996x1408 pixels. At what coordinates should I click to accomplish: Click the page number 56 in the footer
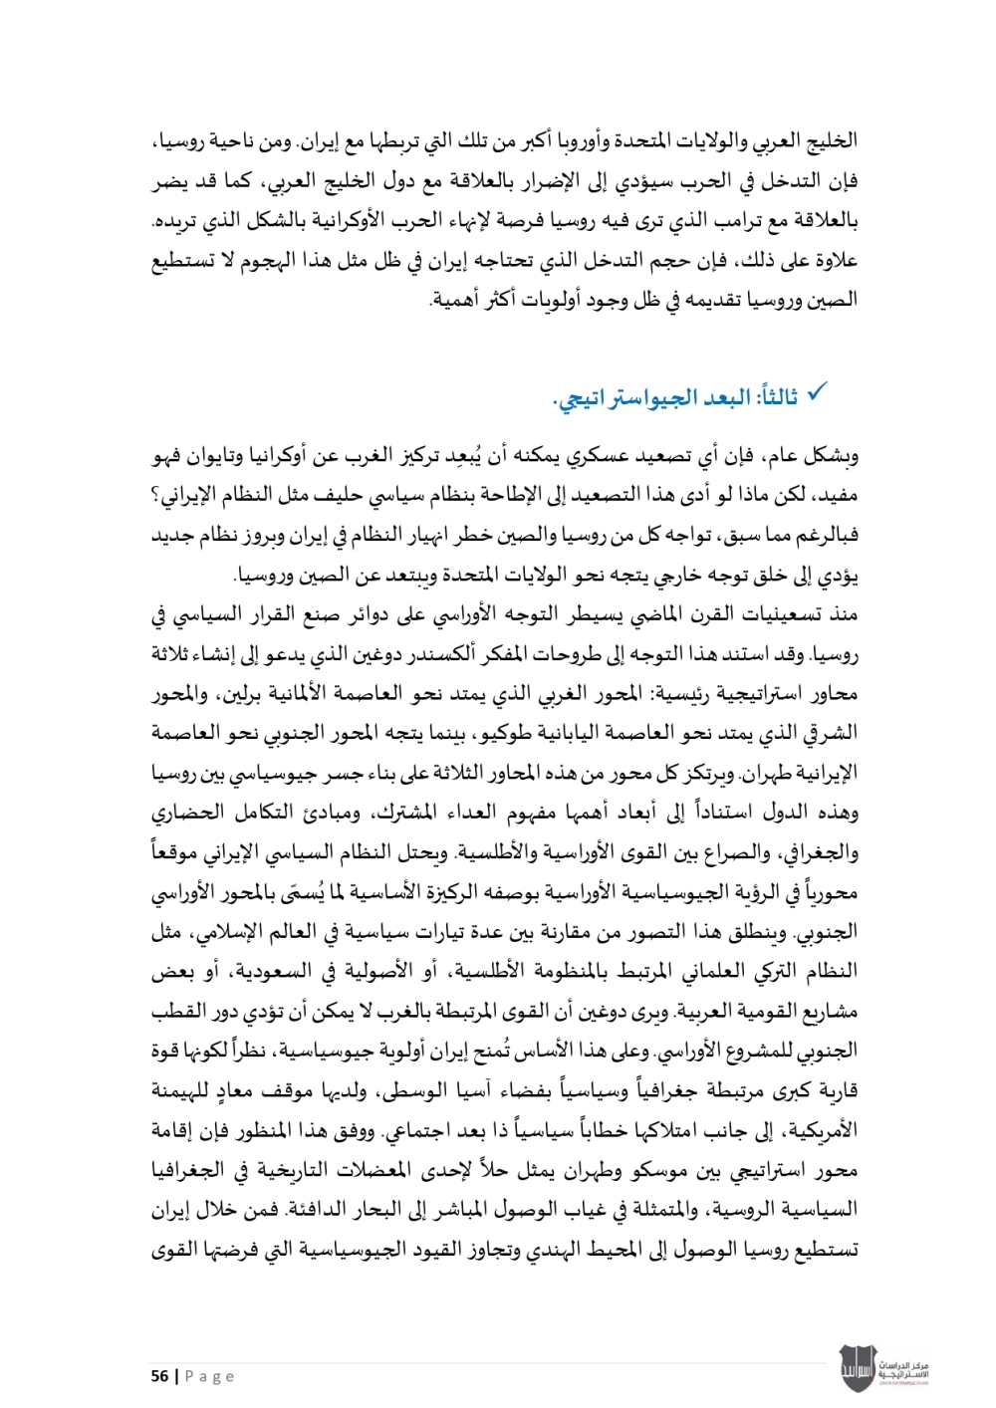[159, 1376]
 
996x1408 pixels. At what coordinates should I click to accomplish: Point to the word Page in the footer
[210, 1376]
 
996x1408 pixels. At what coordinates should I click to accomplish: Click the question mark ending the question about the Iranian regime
[155, 497]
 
